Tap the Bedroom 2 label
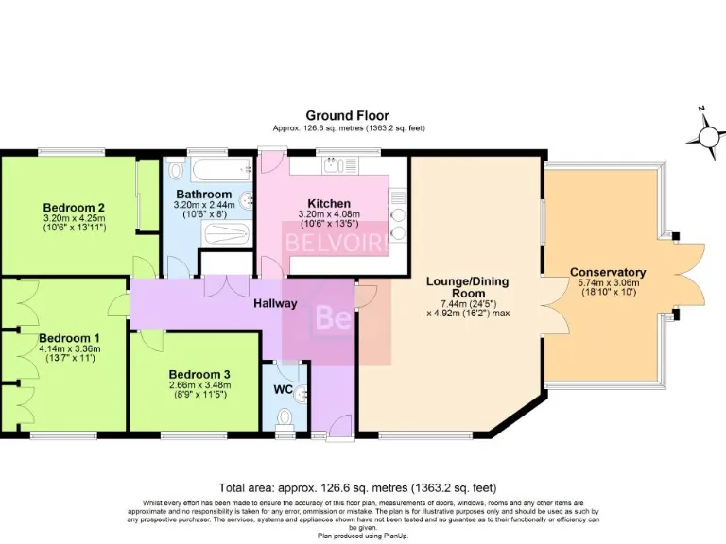click(x=73, y=208)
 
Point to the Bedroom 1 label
click(x=68, y=337)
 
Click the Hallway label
click(x=275, y=303)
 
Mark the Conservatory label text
click(x=608, y=273)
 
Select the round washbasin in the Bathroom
click(x=247, y=200)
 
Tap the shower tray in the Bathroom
click(x=225, y=233)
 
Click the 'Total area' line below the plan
click(x=357, y=488)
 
